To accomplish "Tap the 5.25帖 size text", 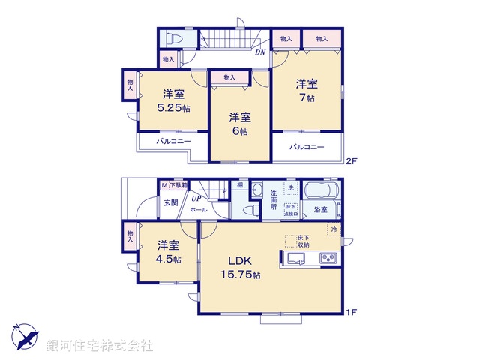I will (x=174, y=108).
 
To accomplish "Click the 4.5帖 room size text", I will (x=167, y=259).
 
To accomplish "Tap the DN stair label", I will (x=259, y=52).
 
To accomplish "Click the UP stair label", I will (x=196, y=199).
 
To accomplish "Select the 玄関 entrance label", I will (x=170, y=202).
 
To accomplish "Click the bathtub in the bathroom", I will (x=323, y=191).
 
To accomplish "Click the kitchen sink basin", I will (x=295, y=259).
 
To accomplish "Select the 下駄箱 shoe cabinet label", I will (x=177, y=184).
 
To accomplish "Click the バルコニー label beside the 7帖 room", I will (x=307, y=147).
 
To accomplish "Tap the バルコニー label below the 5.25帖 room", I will (x=173, y=141).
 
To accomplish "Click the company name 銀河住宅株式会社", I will (x=100, y=346).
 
